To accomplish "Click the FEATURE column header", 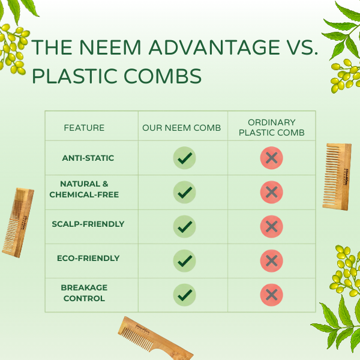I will [84, 128].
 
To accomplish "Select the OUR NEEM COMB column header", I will [182, 128].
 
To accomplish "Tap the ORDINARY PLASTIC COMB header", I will [271, 128].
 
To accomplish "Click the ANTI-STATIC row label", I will [88, 158].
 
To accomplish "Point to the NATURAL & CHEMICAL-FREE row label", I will [84, 189].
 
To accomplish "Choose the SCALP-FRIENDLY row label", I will [88, 224].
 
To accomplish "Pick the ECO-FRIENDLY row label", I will [88, 258].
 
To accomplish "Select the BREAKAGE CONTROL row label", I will [84, 293].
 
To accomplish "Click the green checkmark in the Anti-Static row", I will [184, 158].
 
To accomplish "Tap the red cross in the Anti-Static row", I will [271, 158].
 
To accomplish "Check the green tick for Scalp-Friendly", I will [184, 226].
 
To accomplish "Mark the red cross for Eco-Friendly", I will [271, 260].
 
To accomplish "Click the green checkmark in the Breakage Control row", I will [184, 295].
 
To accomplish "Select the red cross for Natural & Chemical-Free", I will [271, 192].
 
